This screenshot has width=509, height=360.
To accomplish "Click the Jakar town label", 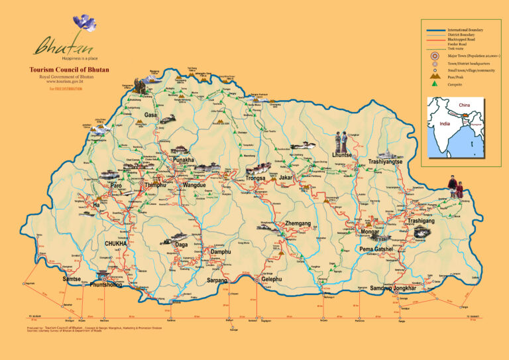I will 286,178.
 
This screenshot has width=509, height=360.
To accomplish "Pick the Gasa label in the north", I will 151,115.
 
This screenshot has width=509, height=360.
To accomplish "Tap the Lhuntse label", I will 342,154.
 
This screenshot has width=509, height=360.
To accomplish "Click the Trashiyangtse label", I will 385,162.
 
